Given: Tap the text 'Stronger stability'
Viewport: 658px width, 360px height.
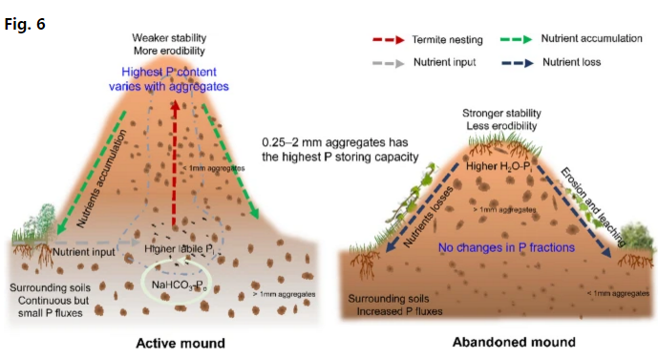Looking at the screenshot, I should click(500, 112).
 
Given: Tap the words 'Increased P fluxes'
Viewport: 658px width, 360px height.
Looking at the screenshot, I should click(405, 311).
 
